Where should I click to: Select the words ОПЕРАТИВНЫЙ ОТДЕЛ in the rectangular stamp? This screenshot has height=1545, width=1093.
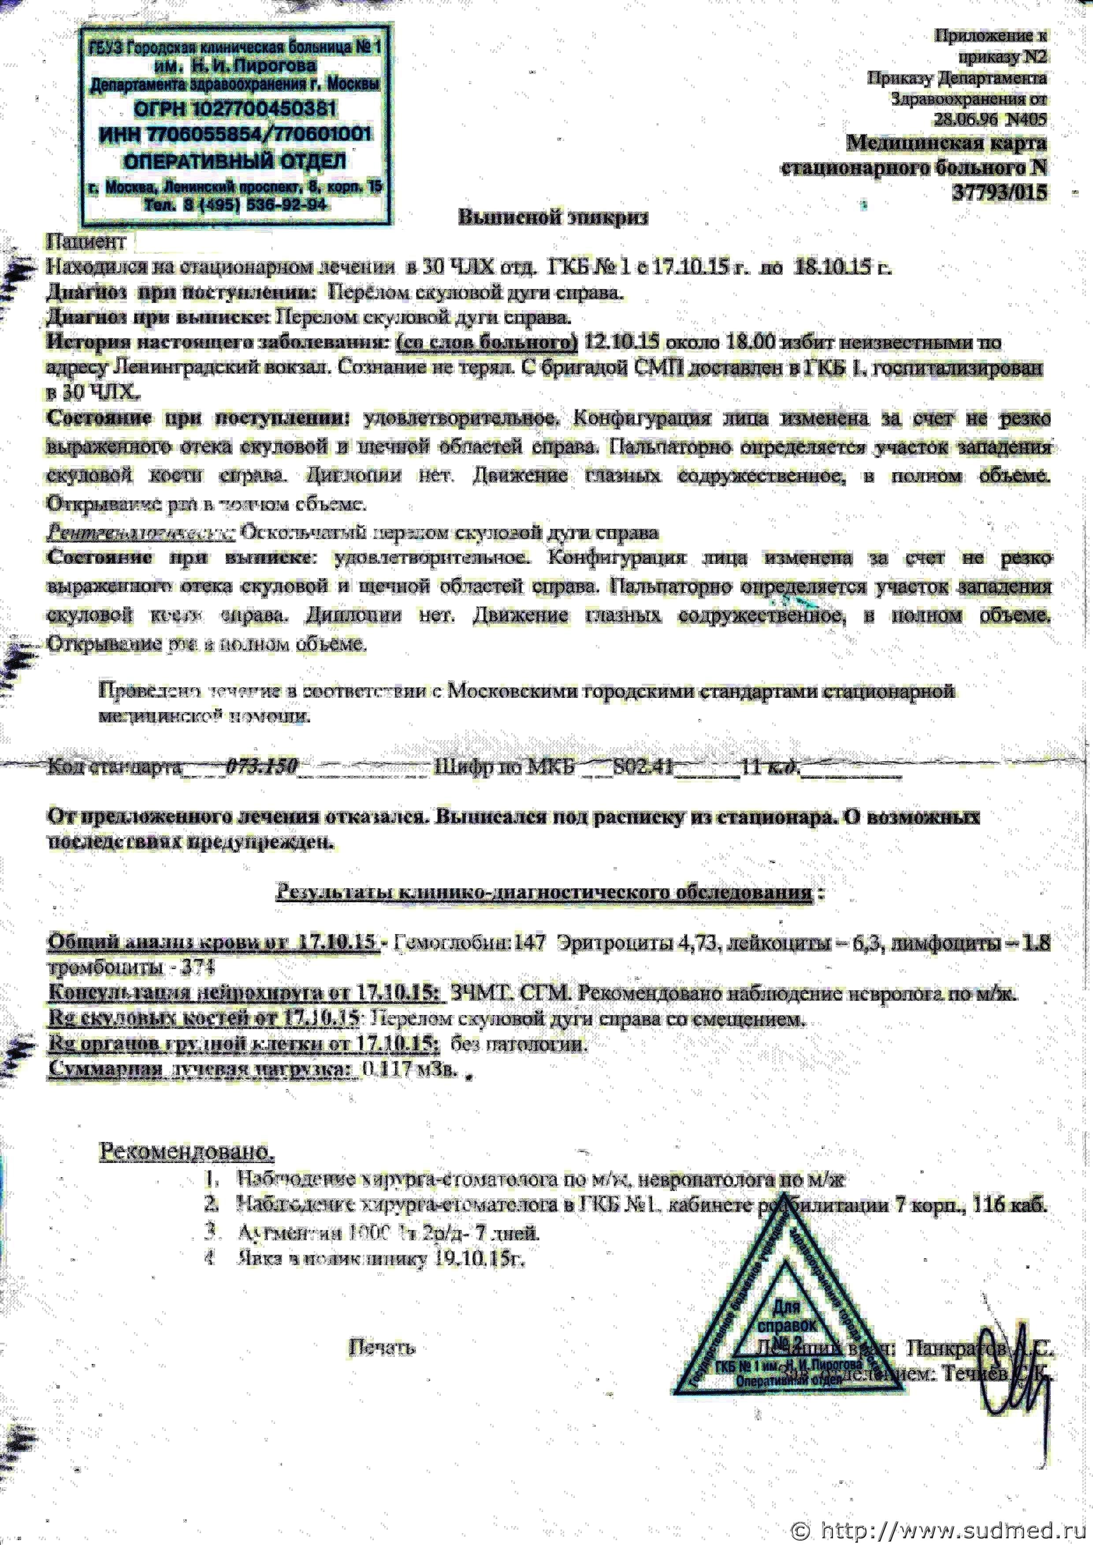pos(235,162)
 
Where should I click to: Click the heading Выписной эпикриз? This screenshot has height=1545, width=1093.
pos(553,217)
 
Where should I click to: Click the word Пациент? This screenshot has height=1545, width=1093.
pos(86,241)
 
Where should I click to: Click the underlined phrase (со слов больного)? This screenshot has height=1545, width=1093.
pos(487,342)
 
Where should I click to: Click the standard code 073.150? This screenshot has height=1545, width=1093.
pos(263,767)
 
